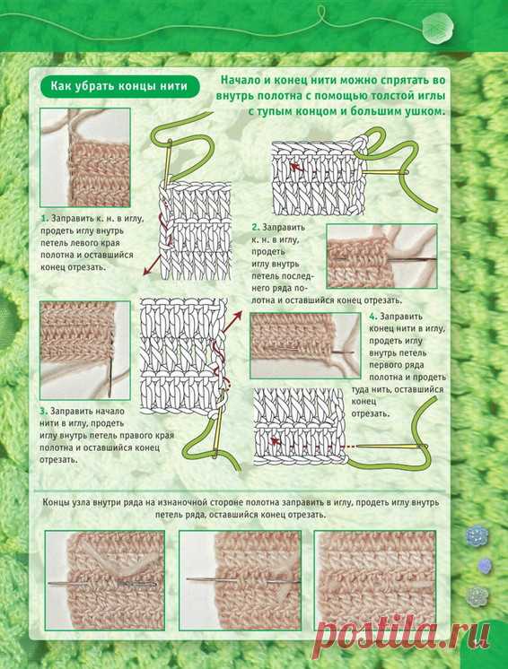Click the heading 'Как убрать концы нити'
(119, 86)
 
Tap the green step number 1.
(44, 219)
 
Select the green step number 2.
(256, 228)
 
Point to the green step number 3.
(44, 412)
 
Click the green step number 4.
(373, 317)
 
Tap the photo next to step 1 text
(85, 158)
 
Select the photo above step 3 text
(85, 351)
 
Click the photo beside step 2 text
(382, 256)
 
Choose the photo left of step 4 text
(305, 345)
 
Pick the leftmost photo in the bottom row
(105, 580)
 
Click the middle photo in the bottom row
(240, 580)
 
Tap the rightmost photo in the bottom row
(375, 580)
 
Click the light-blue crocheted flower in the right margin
(477, 535)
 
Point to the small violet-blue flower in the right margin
(484, 566)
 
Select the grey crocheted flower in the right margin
(477, 596)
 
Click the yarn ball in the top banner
(438, 29)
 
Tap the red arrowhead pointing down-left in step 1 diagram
(145, 272)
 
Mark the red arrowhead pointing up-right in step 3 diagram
(236, 315)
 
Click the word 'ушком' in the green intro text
(421, 112)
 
